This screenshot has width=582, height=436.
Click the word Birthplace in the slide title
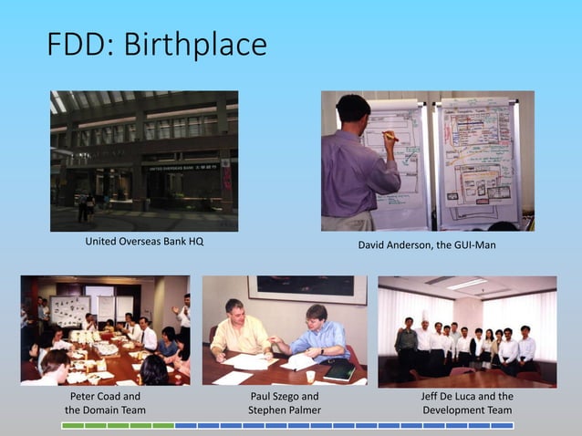203,45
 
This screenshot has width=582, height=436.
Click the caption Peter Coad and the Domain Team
105,403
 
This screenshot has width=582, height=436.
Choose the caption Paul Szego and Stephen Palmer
285,403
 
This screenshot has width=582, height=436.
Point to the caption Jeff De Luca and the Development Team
467,403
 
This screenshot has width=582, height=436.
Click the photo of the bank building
144,161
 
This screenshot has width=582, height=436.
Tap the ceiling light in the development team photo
466,284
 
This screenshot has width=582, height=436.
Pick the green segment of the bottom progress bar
118,426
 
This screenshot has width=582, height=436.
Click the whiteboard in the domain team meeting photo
70,310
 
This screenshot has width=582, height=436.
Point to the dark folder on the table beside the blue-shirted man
340,370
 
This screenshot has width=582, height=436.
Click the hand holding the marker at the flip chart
389,136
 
